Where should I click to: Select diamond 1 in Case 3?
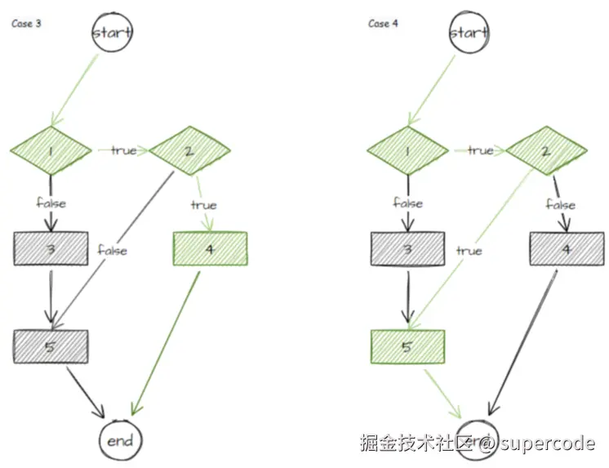51,150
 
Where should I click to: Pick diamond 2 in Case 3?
189,150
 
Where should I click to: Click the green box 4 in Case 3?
210,249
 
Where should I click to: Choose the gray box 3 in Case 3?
51,248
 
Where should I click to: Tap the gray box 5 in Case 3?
51,346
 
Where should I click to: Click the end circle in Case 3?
119,441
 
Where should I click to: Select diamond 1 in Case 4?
407,150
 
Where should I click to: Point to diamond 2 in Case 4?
546,150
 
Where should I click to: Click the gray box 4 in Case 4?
567,248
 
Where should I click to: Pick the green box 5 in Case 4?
407,346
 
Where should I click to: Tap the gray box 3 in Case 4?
407,248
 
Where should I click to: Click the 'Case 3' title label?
26,24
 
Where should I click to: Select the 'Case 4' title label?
383,24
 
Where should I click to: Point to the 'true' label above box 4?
204,204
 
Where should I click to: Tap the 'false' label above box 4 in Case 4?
560,204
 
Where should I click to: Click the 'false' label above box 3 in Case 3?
51,202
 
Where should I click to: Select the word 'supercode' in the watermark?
547,443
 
